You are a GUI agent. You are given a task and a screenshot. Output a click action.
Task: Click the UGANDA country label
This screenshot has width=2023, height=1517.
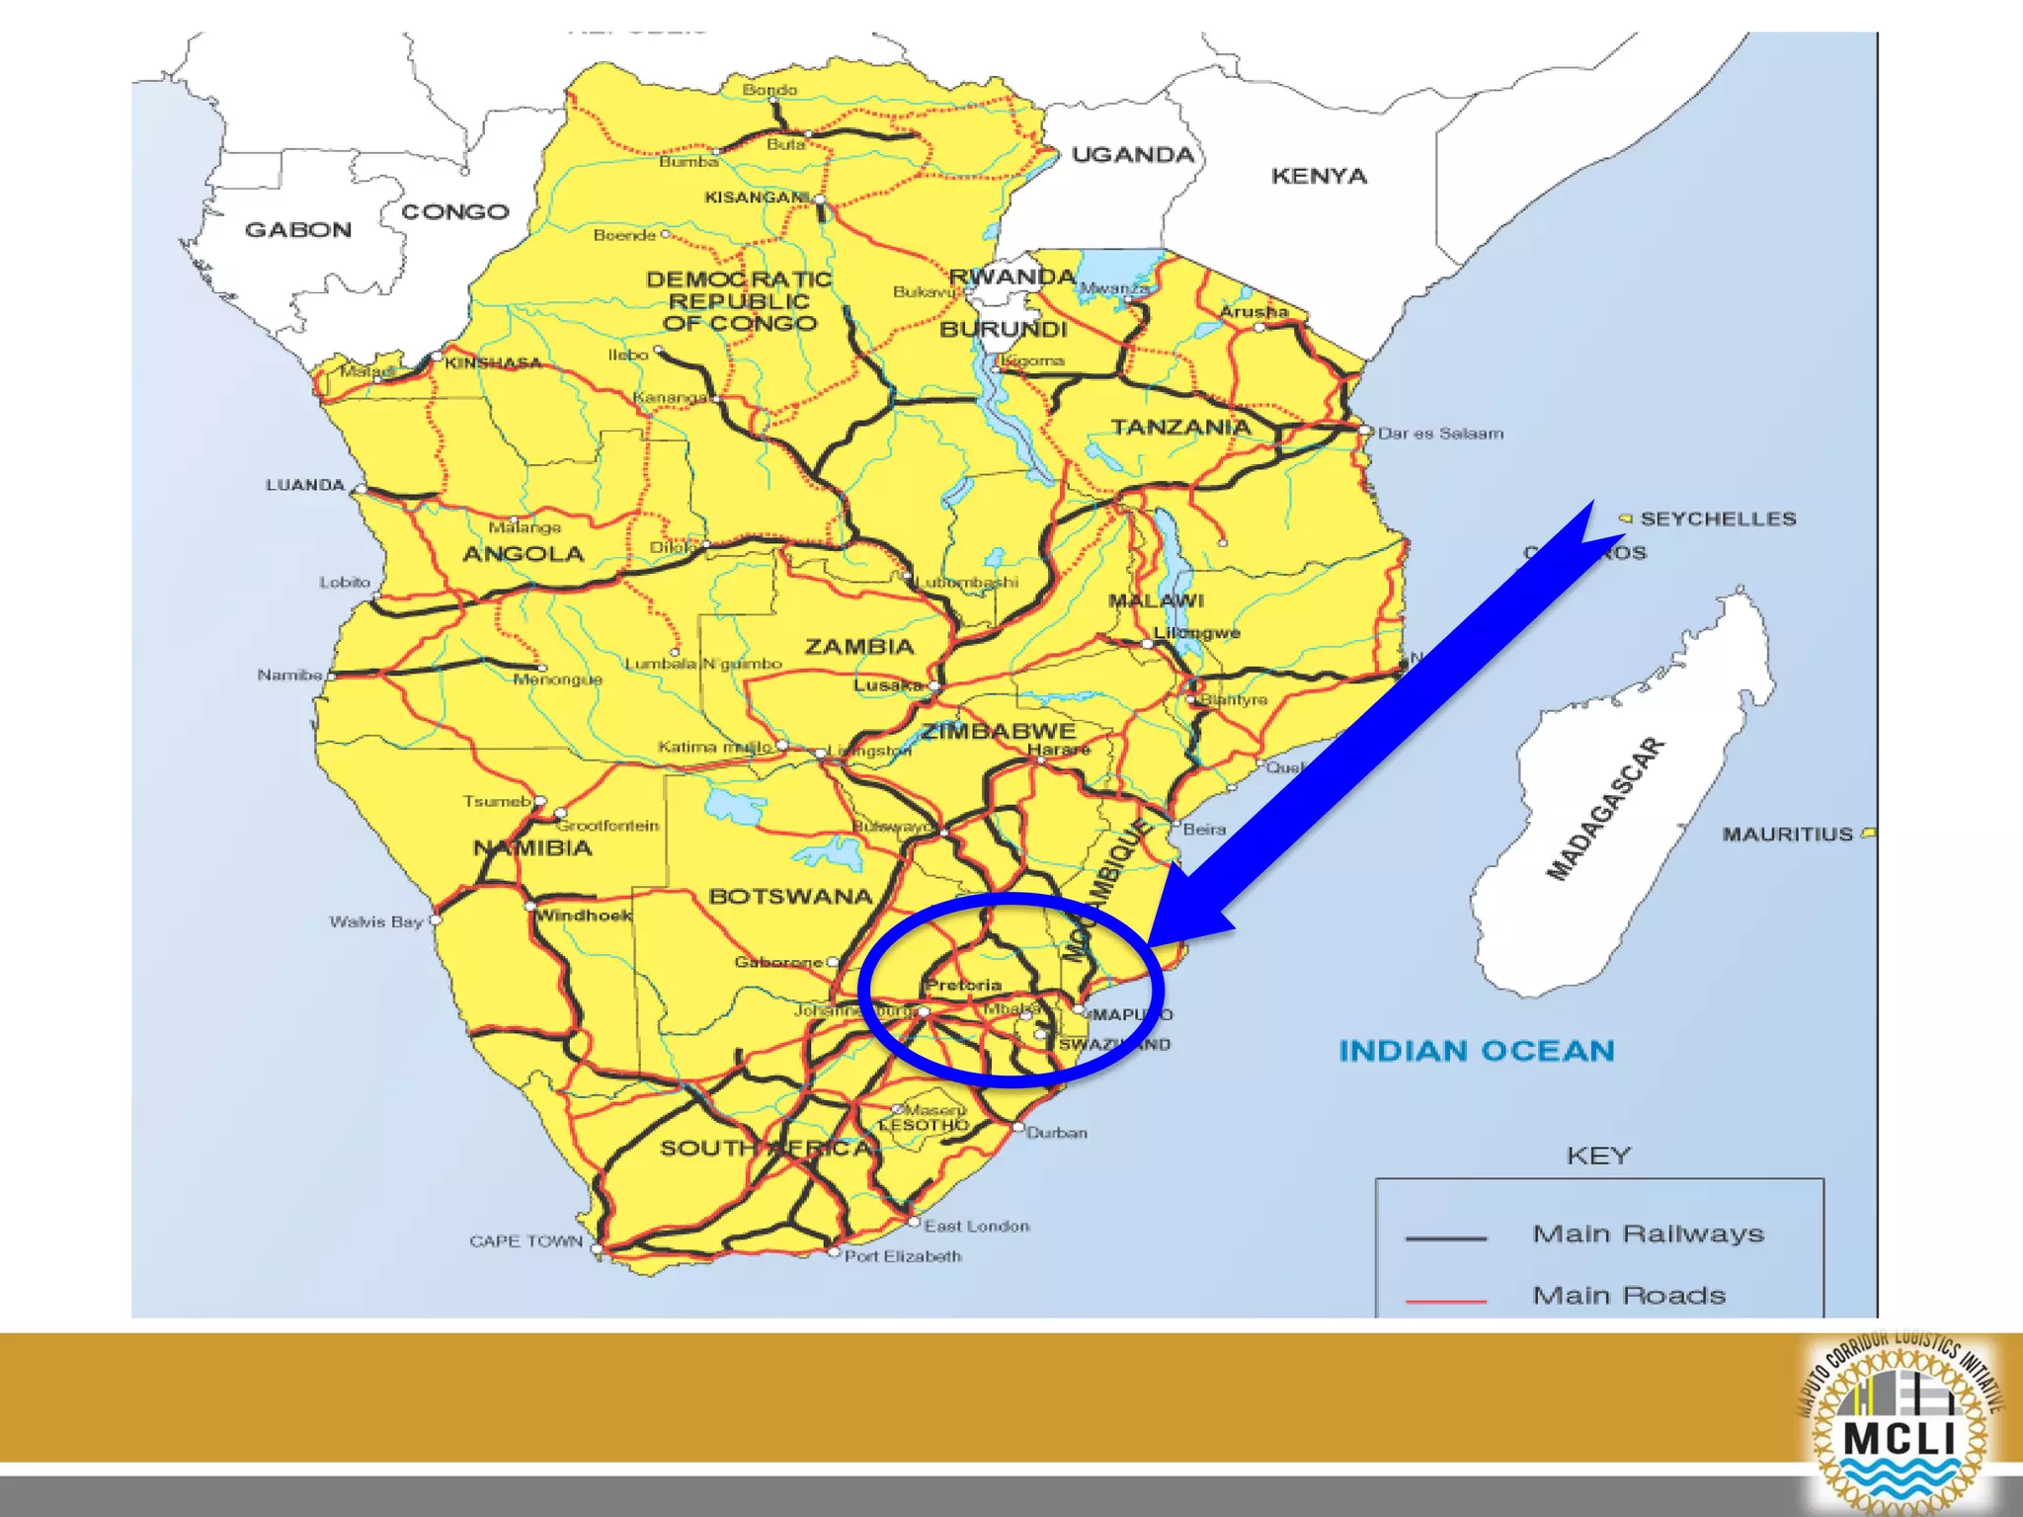tap(1133, 155)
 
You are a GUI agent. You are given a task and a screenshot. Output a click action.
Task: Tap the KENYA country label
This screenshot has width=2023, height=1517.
tap(1319, 177)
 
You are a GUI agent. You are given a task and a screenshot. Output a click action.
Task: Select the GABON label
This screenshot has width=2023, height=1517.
tap(297, 230)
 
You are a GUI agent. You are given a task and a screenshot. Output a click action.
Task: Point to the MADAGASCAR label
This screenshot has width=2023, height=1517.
tap(1605, 809)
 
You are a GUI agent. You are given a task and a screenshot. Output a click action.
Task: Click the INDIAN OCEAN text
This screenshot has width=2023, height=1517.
tap(1476, 1051)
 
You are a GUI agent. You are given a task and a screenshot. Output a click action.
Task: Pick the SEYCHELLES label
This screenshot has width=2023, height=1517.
tap(1718, 519)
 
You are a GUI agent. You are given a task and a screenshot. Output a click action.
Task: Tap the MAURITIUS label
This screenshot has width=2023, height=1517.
tap(1788, 835)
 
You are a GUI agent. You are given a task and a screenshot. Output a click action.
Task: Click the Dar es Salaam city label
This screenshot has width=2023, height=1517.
tap(1440, 434)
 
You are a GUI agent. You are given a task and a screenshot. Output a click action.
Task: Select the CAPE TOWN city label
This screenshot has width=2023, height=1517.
tap(526, 1241)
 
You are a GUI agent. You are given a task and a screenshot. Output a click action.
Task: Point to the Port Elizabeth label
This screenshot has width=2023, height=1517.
tap(903, 1256)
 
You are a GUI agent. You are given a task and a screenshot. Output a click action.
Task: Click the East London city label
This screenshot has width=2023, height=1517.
tap(977, 1226)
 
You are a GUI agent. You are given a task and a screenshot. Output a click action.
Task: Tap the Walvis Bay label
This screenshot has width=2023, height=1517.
tap(375, 922)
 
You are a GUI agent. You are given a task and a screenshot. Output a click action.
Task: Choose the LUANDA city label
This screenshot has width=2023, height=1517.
tap(304, 485)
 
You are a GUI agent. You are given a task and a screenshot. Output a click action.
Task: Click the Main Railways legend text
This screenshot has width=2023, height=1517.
tap(1648, 1234)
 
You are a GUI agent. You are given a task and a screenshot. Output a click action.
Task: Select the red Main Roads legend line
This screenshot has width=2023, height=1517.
tap(1445, 1302)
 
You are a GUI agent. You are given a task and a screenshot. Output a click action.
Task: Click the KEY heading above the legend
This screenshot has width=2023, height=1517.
tap(1598, 1156)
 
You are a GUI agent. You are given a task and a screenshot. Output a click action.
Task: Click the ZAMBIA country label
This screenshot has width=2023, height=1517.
tap(859, 647)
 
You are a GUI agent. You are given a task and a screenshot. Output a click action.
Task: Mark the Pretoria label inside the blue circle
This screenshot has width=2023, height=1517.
tap(964, 985)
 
